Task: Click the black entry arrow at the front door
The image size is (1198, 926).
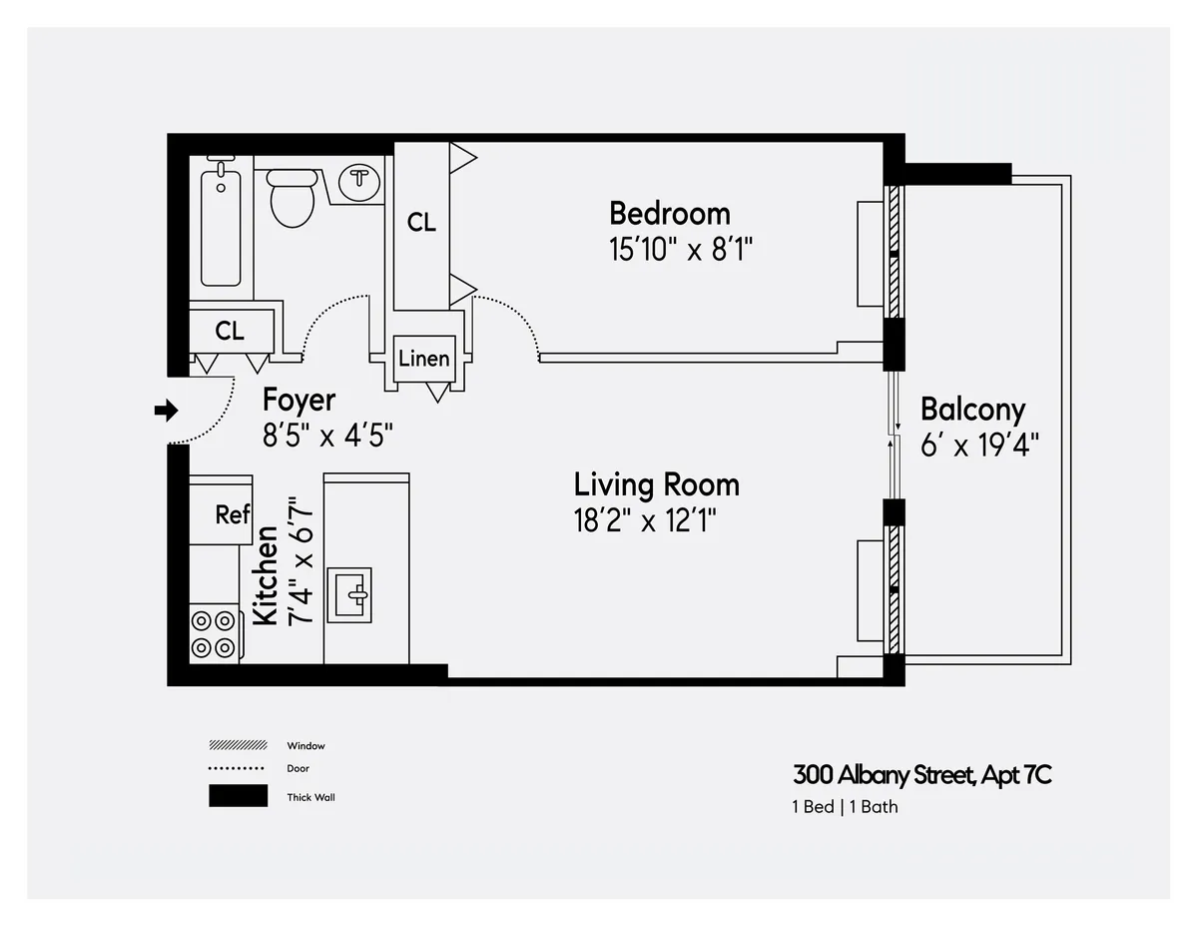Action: (166, 410)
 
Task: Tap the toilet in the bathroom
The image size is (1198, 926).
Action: (292, 196)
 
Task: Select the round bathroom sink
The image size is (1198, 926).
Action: (358, 181)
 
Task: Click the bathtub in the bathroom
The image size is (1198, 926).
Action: (221, 227)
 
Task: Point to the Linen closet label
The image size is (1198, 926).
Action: (423, 358)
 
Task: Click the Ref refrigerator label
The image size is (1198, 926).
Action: (232, 514)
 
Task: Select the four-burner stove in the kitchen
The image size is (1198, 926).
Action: (214, 633)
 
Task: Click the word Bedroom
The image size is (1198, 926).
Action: (669, 214)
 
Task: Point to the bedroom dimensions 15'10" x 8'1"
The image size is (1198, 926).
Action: (679, 249)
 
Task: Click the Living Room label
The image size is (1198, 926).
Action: (656, 485)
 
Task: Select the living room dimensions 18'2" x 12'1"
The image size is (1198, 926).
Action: (645, 520)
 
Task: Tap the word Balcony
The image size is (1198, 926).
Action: (972, 410)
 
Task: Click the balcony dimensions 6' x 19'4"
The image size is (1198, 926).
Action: (980, 445)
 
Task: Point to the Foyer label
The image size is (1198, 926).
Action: (299, 400)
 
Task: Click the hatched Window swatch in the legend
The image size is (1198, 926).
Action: (238, 745)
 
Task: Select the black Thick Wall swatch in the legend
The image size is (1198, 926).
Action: (238, 796)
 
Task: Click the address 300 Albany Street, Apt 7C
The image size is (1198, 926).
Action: (922, 775)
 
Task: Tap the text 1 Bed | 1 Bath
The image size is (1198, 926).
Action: (845, 807)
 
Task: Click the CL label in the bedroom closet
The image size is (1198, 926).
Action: (421, 223)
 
